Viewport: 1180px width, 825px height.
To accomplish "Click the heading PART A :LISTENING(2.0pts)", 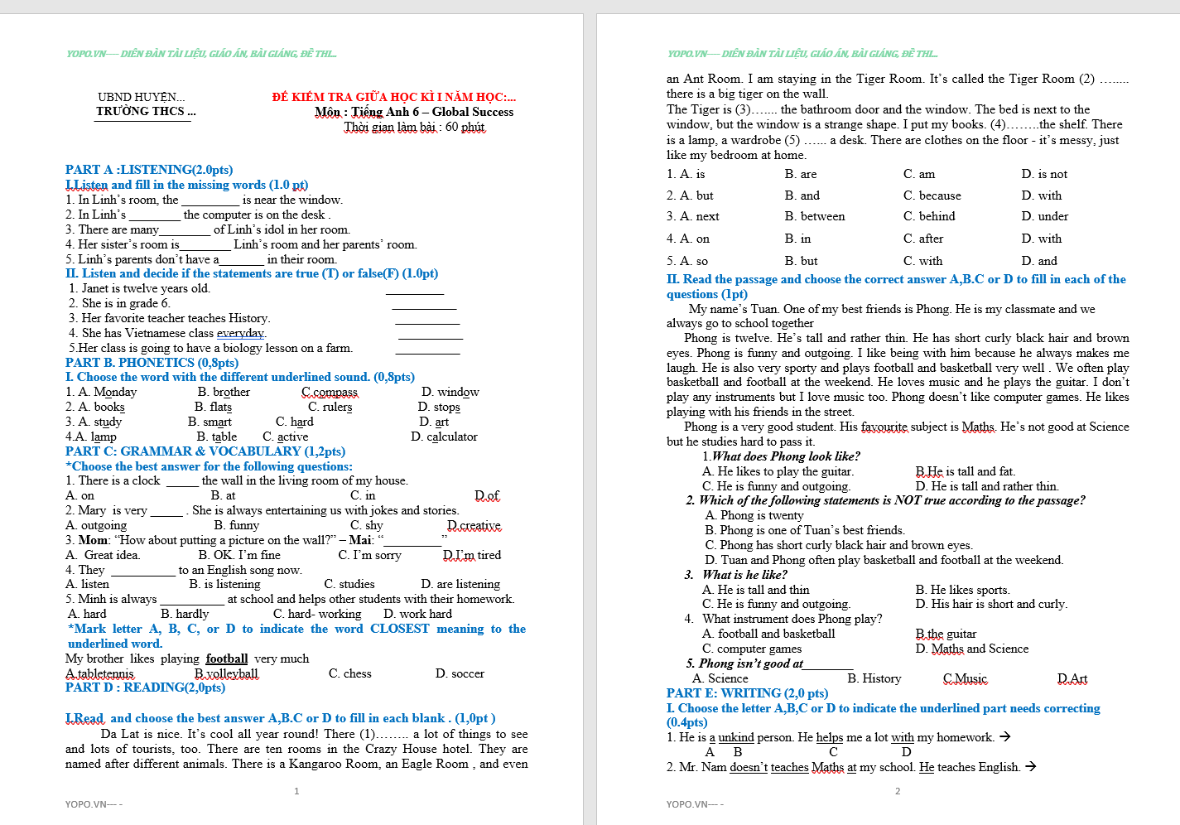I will tap(149, 170).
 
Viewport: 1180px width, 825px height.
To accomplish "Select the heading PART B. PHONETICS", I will tap(152, 363).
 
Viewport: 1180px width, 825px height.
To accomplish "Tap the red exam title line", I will tap(393, 97).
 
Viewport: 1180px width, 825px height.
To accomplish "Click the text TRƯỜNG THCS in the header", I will tap(146, 111).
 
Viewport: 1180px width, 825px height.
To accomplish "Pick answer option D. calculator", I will tap(444, 437).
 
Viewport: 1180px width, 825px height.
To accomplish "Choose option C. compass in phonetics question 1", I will tap(330, 392).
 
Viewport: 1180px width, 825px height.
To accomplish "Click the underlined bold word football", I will tap(227, 659).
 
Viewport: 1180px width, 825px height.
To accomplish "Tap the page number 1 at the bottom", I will tap(296, 791).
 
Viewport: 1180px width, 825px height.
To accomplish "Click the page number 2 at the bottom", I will tap(898, 791).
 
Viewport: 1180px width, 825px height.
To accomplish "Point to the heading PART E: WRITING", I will tap(747, 693).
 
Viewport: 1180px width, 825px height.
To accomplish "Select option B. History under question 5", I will tap(874, 678).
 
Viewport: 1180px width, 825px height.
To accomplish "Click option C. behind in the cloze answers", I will tap(929, 216).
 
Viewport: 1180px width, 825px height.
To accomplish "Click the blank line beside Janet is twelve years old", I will tap(415, 292).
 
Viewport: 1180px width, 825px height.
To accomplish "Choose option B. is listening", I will tap(224, 584).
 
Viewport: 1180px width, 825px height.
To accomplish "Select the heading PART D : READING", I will tap(145, 687).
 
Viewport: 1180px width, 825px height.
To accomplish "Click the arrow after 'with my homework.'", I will tap(1004, 736).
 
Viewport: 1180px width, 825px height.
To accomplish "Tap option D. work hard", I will tap(417, 614).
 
